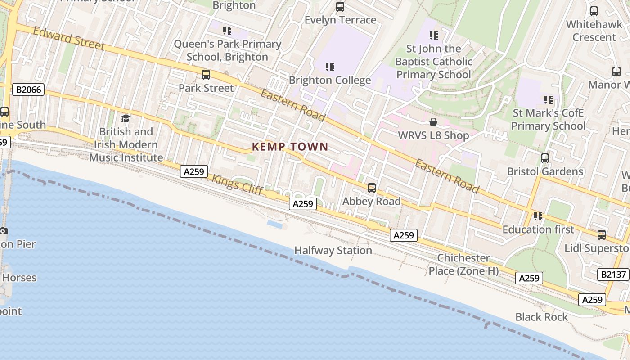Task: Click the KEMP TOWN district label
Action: pyautogui.click(x=290, y=147)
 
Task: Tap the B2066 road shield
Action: pyautogui.click(x=28, y=90)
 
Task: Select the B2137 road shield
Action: pyautogui.click(x=612, y=274)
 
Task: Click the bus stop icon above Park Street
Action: pyautogui.click(x=206, y=75)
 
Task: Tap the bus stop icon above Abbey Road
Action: pyautogui.click(x=372, y=188)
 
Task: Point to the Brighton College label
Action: pyautogui.click(x=330, y=80)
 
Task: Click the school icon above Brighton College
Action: pyautogui.click(x=330, y=67)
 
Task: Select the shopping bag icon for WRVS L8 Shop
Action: pyautogui.click(x=433, y=122)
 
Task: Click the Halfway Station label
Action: pyautogui.click(x=333, y=250)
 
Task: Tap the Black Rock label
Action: pyautogui.click(x=542, y=317)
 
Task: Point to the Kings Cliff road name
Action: pyautogui.click(x=237, y=184)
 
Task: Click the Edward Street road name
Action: pyautogui.click(x=69, y=39)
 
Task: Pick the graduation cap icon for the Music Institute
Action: pyautogui.click(x=126, y=118)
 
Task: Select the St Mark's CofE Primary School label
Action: pyautogui.click(x=548, y=119)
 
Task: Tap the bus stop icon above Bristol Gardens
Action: pyautogui.click(x=545, y=158)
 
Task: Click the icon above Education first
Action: pyautogui.click(x=538, y=216)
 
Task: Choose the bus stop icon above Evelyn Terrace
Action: pyautogui.click(x=340, y=7)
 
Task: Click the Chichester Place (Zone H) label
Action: pyautogui.click(x=463, y=264)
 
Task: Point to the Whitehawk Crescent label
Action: pyautogui.click(x=594, y=31)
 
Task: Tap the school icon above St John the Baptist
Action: pyautogui.click(x=434, y=35)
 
